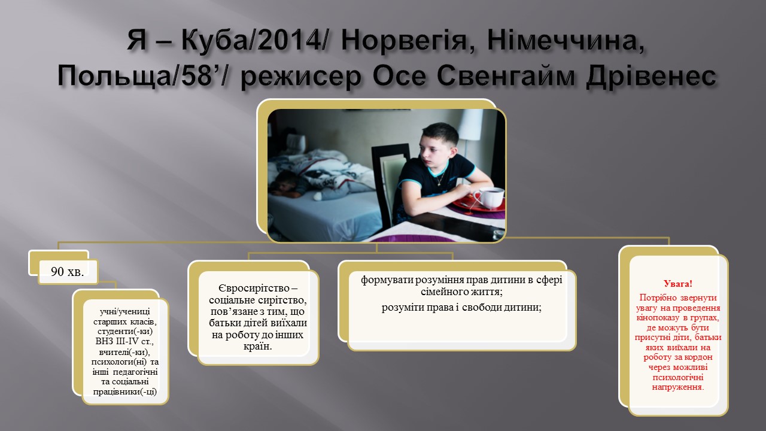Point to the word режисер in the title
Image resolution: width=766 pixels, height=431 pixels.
tap(301, 76)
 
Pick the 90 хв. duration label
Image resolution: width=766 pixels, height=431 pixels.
tap(68, 272)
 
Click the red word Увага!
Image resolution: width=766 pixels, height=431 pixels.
tap(678, 284)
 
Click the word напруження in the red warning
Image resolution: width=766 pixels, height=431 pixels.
tap(678, 387)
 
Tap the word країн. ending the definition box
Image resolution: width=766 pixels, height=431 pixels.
tap(257, 346)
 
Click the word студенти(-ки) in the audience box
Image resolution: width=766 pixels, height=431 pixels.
tap(125, 332)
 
